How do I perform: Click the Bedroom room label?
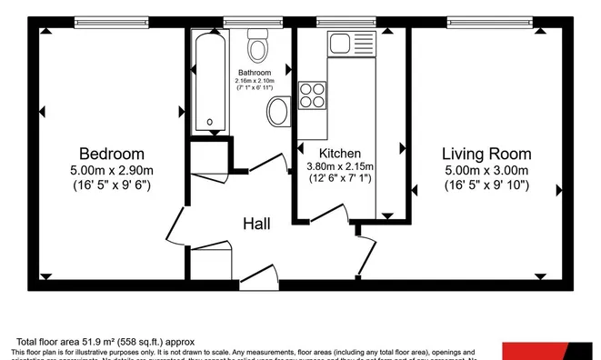pos(111,154)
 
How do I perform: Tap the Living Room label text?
pos(486,154)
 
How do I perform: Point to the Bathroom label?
pos(255,73)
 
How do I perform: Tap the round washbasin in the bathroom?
pos(277,114)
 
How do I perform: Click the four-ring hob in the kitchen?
pos(312,94)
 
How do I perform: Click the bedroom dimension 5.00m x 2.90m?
pos(111,170)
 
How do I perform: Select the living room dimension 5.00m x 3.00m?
pos(486,170)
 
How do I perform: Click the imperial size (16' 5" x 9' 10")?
pos(486,186)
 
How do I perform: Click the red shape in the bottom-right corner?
pos(550,351)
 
